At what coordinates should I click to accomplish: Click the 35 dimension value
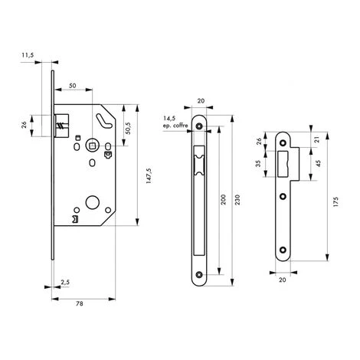(258, 163)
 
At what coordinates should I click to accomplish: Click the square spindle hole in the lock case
(92, 145)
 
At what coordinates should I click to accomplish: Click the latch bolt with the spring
(62, 123)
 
